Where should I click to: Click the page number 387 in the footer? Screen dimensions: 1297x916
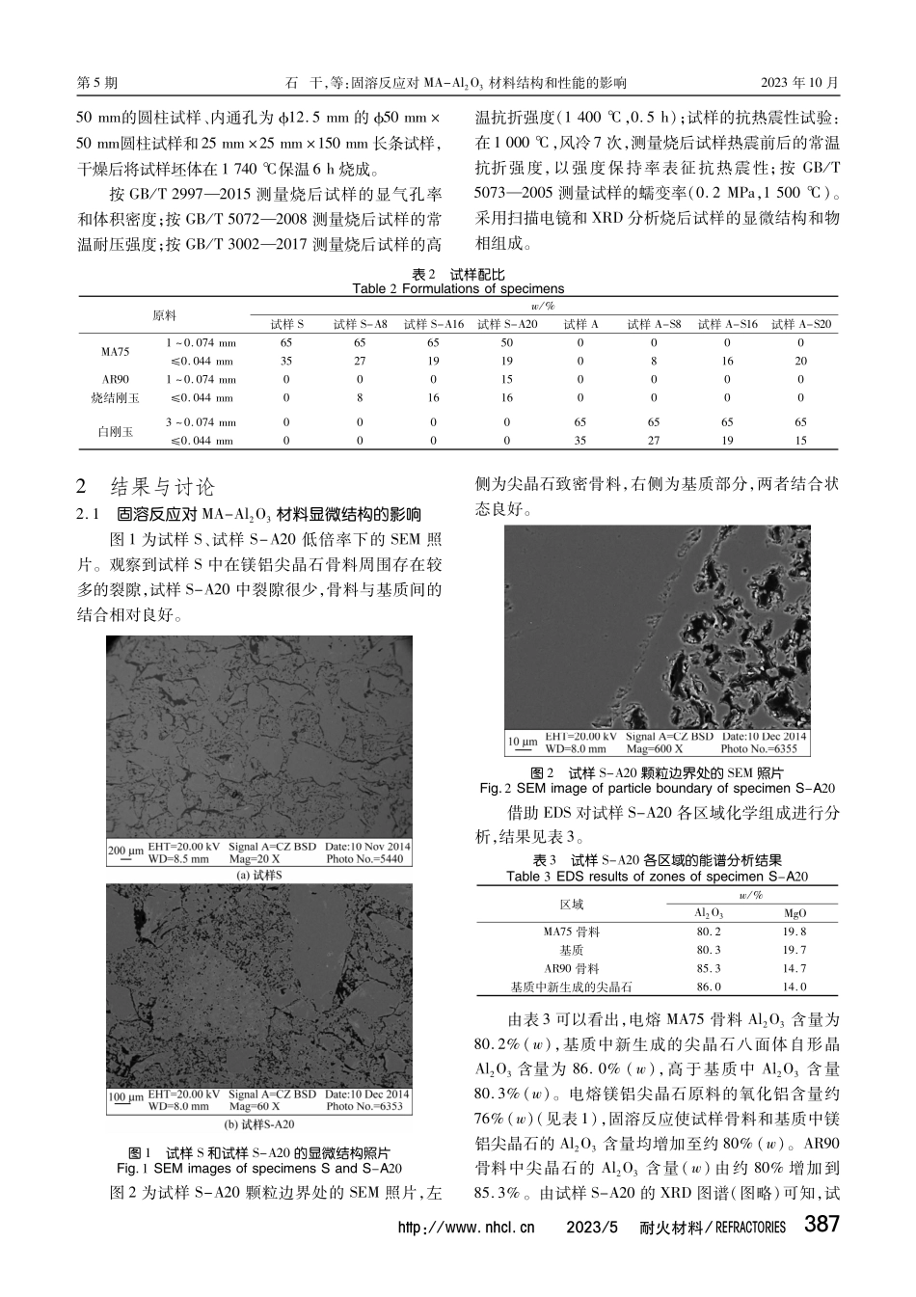pyautogui.click(x=822, y=1226)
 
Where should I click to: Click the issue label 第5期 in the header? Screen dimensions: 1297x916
pyautogui.click(x=96, y=83)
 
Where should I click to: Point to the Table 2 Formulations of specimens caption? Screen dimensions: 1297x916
pyautogui.click(x=458, y=288)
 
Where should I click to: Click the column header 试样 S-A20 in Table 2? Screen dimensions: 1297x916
pyautogui.click(x=507, y=325)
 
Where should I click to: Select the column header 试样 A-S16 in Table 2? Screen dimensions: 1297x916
pyautogui.click(x=727, y=325)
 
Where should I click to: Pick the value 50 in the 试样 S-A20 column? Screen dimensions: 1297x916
pyautogui.click(x=507, y=343)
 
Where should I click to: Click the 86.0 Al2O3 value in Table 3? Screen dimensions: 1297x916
pyautogui.click(x=708, y=986)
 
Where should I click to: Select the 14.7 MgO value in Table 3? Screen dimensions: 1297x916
pyautogui.click(x=795, y=968)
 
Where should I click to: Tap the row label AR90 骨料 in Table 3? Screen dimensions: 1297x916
pyautogui.click(x=572, y=968)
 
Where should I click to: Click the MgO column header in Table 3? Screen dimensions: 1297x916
pyautogui.click(x=795, y=913)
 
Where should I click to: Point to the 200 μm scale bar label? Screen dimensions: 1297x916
pyautogui.click(x=125, y=851)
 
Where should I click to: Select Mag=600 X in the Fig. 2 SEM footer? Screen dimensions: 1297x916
pyautogui.click(x=654, y=748)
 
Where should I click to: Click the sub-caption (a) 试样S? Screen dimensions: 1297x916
pyautogui.click(x=258, y=875)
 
